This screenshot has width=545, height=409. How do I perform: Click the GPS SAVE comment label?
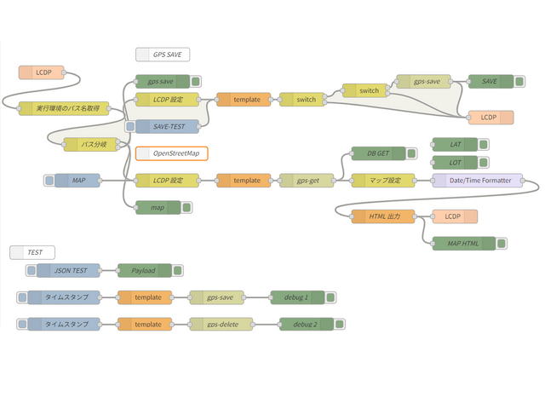pos(163,55)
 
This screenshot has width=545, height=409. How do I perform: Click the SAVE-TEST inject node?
pos(167,126)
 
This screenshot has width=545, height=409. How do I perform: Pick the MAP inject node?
pos(77,181)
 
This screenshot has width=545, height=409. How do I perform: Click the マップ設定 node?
pos(382,181)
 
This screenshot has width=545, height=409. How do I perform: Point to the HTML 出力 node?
pos(382,216)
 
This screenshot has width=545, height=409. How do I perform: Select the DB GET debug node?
pos(377,154)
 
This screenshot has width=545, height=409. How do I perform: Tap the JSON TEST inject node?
pos(69,271)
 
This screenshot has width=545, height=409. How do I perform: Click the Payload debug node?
pos(142,271)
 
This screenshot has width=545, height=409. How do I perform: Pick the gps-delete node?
pos(221,325)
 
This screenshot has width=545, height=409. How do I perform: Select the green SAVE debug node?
pos(490,82)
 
